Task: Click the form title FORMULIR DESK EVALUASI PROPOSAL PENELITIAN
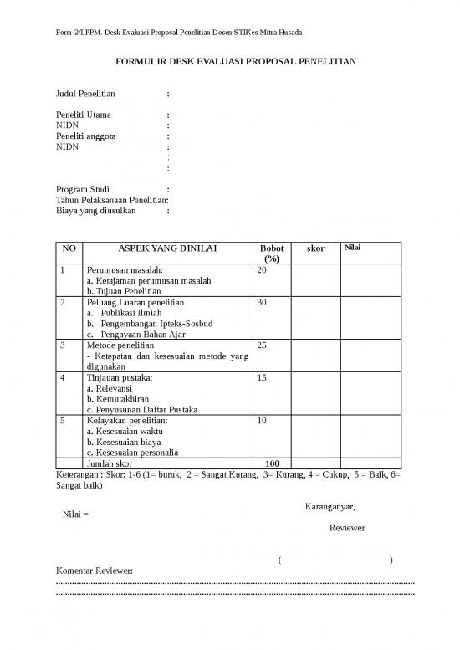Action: (x=229, y=61)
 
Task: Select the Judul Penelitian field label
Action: (x=85, y=94)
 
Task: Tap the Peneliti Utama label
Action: (x=83, y=115)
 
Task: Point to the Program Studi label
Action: (x=82, y=189)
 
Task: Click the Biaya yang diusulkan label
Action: (x=95, y=211)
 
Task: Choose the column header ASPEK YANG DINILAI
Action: (x=166, y=248)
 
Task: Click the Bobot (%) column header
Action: (x=272, y=253)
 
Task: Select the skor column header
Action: (x=315, y=248)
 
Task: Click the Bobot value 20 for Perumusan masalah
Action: (x=263, y=270)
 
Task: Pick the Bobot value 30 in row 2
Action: (x=263, y=301)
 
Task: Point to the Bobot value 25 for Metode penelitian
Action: (x=263, y=345)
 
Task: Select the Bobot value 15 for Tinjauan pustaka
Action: (x=263, y=377)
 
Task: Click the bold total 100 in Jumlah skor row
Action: (x=272, y=463)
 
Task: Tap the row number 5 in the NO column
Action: (x=63, y=421)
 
